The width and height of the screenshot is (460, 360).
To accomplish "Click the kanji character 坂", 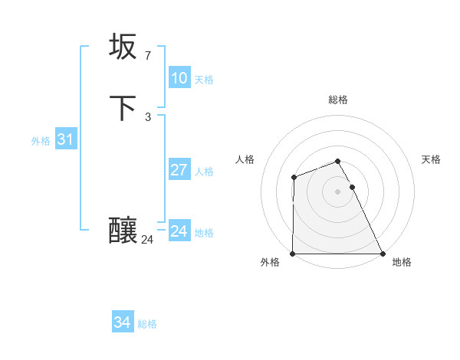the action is (x=123, y=47).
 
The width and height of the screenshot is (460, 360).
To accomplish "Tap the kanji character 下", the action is (x=123, y=108).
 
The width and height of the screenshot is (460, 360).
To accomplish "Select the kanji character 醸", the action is (x=123, y=231).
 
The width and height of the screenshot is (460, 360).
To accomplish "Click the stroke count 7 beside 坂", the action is (x=147, y=55).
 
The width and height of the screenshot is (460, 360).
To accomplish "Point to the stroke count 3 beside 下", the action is (x=147, y=116).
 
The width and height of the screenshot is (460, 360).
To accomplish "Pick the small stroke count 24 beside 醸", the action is (x=147, y=240).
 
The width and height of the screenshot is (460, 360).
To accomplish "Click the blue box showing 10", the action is (x=179, y=78).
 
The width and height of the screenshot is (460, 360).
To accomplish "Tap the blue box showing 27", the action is (x=179, y=170).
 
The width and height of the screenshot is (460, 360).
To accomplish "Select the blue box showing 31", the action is (x=65, y=139).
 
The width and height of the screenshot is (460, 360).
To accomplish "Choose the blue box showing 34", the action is (x=122, y=323).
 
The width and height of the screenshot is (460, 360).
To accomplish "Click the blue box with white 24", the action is (x=179, y=231).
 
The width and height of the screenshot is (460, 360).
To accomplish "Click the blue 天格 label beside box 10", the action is (x=204, y=80).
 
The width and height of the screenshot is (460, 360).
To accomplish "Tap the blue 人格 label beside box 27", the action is (x=204, y=172).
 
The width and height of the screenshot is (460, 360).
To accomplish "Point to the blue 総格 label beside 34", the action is (x=147, y=325).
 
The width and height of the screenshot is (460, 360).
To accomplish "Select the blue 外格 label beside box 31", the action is (x=41, y=141).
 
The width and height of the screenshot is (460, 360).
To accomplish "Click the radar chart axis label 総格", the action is (x=338, y=100).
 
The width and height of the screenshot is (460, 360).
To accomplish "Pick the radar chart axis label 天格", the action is (x=431, y=159).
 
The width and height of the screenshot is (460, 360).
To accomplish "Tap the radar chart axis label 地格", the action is (x=402, y=262).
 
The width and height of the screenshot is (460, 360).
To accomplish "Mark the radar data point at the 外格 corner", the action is (x=293, y=254).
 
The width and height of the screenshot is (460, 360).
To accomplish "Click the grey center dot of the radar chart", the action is (x=338, y=191).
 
